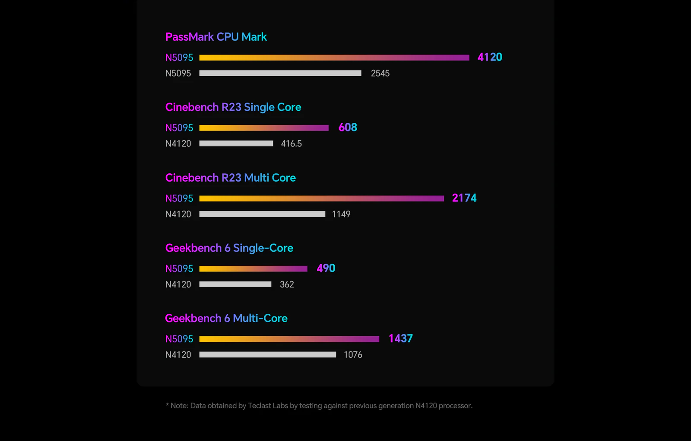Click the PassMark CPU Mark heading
[216, 37]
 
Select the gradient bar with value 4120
[334, 58]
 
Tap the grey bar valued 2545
[280, 73]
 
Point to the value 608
[348, 127]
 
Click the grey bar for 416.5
[236, 143]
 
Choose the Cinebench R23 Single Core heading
[233, 107]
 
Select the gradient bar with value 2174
[321, 198]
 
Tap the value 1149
[341, 214]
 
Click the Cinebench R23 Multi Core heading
[231, 178]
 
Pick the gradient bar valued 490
[253, 268]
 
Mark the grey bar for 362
[235, 284]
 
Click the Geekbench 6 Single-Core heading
[229, 248]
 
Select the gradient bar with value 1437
[289, 339]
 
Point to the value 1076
[353, 355]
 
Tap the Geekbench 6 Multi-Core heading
[226, 318]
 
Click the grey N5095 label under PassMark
[178, 73]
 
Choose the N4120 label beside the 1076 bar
[178, 355]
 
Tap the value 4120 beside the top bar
[490, 57]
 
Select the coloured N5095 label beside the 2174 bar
[179, 198]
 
